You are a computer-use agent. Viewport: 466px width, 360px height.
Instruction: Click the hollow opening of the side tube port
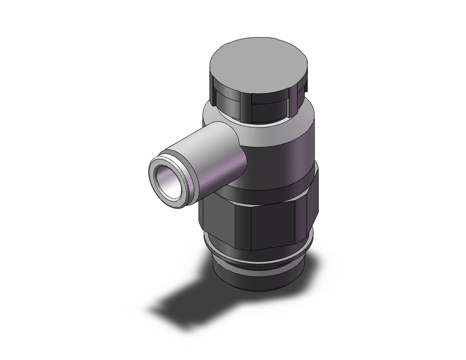click(168, 176)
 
